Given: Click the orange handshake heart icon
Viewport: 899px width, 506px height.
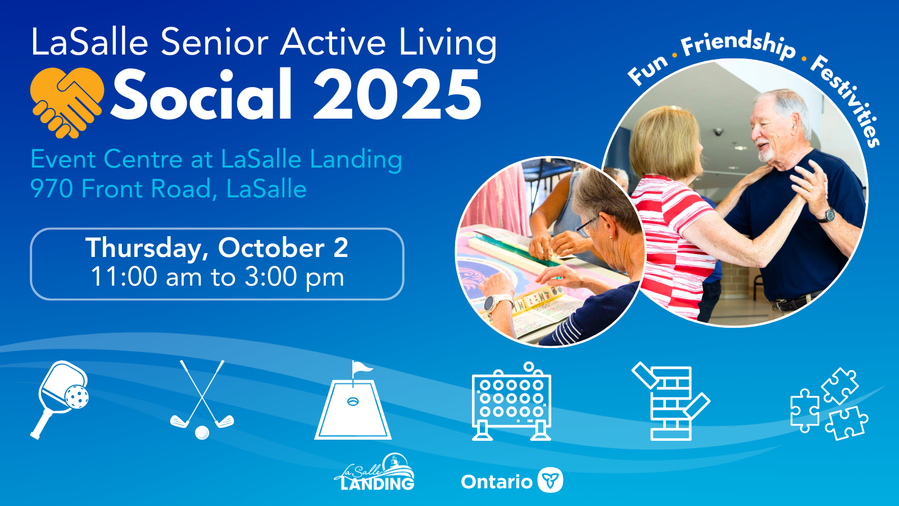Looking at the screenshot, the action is [x=67, y=102].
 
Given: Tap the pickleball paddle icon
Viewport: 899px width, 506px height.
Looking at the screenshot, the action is [x=60, y=400].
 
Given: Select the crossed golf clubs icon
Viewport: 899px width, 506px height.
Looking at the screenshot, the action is [x=202, y=400].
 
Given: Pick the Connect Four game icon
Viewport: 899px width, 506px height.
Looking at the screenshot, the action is [x=512, y=401].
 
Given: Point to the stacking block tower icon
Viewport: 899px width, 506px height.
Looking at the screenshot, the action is [x=671, y=401].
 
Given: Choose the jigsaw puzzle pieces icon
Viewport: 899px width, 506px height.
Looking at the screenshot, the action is [x=829, y=404].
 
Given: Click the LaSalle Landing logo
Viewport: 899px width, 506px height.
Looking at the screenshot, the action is [x=374, y=472].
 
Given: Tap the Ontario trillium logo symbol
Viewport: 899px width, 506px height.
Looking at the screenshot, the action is [x=550, y=480].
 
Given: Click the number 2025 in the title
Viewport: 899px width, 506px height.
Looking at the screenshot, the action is [x=397, y=95].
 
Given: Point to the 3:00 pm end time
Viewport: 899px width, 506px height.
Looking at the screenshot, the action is [x=294, y=277].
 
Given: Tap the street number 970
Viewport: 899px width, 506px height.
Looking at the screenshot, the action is [x=52, y=189].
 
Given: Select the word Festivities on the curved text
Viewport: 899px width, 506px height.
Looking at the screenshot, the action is [x=847, y=98].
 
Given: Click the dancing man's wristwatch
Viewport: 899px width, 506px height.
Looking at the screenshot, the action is [x=828, y=216].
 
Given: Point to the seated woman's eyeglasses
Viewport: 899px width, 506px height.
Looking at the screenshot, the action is [x=587, y=227].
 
